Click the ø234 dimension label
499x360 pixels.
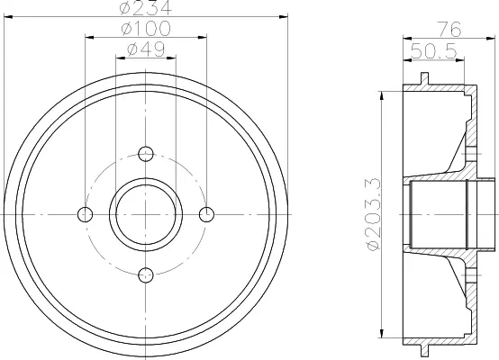tap(146, 7)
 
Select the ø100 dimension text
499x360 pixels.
tap(146, 28)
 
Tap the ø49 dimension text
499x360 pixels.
tap(146, 49)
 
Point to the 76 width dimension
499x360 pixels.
tap(449, 30)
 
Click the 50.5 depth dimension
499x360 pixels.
tap(434, 51)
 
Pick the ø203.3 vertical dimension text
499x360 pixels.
tap(374, 214)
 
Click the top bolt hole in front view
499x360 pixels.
tap(146, 154)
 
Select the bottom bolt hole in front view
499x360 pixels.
tap(146, 275)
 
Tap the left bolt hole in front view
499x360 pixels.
tap(85, 214)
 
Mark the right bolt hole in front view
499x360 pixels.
tap(206, 214)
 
